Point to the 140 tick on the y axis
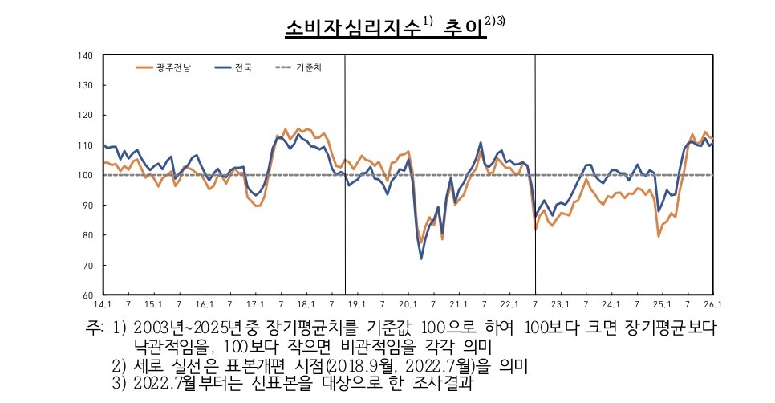point(87,55)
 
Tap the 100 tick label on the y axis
point(87,175)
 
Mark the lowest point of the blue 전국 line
point(422,258)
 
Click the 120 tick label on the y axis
point(87,115)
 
